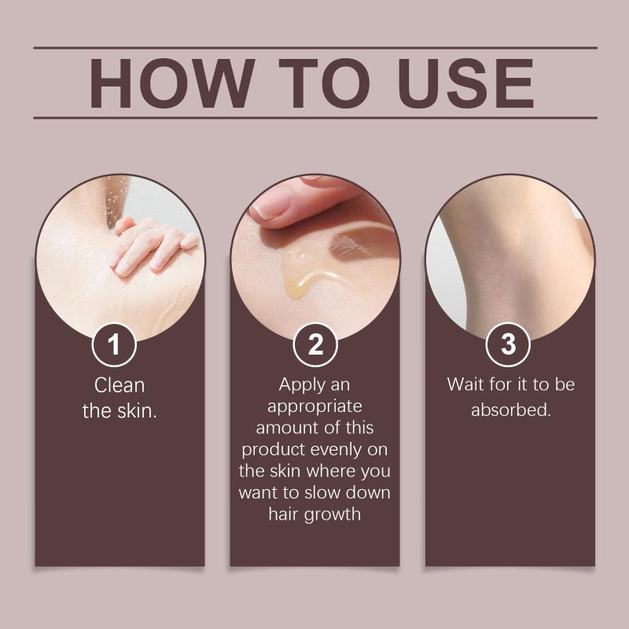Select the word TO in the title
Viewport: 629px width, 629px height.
324,83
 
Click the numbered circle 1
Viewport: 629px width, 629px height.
114,344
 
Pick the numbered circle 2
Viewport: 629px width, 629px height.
315,344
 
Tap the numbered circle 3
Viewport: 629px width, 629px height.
508,344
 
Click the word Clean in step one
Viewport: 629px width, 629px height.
120,385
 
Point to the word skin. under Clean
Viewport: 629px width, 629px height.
137,410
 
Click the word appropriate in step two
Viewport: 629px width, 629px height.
314,407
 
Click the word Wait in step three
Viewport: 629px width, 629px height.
465,384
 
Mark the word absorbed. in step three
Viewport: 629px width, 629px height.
511,410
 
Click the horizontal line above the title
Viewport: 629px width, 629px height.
315,48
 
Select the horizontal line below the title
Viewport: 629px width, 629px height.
315,118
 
